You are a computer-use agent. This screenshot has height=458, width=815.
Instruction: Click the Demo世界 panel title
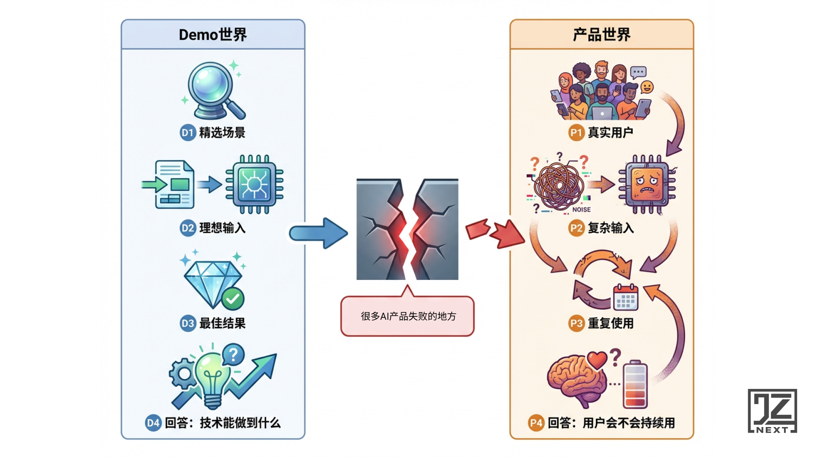click(213, 35)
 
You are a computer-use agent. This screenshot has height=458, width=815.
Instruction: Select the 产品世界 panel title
click(601, 35)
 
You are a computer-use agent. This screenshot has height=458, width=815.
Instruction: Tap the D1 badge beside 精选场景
click(188, 133)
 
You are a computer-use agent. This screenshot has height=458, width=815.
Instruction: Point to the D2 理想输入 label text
click(222, 228)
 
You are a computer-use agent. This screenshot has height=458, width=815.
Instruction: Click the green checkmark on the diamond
click(233, 299)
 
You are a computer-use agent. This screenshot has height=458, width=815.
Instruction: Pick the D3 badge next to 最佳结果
click(188, 324)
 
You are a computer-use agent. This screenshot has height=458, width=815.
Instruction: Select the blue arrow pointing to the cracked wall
click(318, 233)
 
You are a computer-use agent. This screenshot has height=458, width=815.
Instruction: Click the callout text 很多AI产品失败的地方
click(408, 316)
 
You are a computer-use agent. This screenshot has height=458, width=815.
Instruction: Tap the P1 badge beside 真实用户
click(576, 133)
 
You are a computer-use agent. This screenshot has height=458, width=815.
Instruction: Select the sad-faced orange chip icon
click(647, 184)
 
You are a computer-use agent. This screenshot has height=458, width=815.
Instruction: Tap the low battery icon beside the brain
click(635, 384)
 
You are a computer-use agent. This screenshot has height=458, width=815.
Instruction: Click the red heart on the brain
click(597, 360)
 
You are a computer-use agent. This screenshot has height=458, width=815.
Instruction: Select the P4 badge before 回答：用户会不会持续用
click(536, 423)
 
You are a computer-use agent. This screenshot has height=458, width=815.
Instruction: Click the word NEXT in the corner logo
click(772, 430)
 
